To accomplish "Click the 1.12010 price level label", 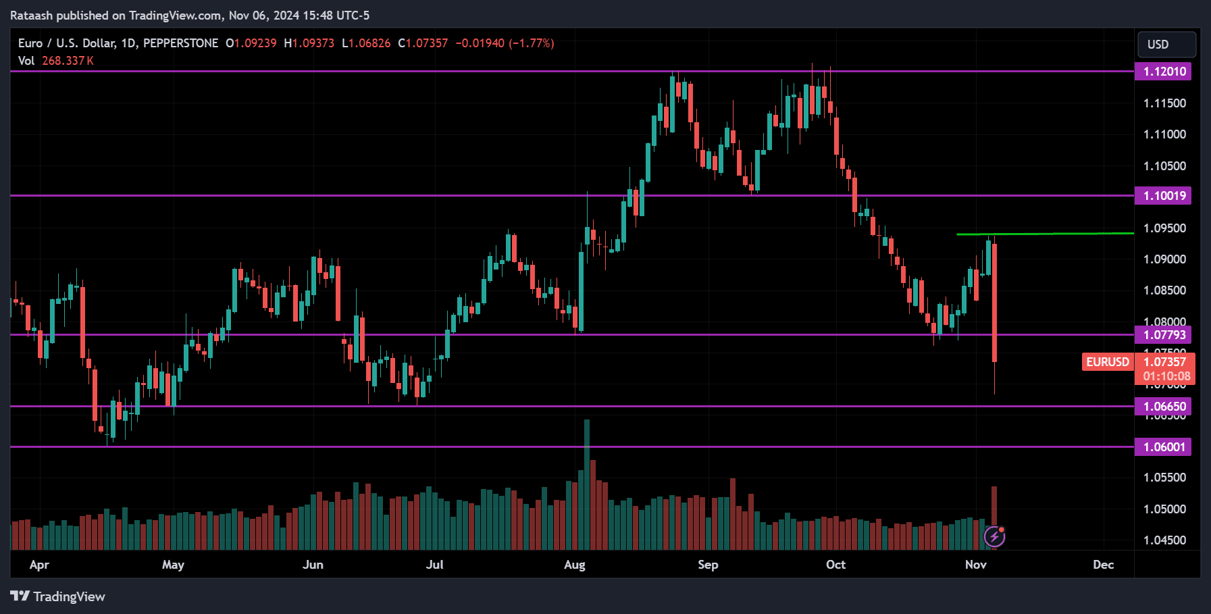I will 1163,72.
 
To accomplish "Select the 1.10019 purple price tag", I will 1163,196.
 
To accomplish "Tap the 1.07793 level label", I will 1163,335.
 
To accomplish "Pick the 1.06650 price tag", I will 1163,407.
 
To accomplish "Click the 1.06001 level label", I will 1163,447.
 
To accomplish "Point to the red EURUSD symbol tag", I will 1107,362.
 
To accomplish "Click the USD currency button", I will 1166,45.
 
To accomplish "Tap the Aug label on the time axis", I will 575,565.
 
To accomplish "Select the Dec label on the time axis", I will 1103,565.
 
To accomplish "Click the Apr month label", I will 39,565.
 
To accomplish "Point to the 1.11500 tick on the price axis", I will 1164,103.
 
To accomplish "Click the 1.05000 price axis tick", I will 1164,509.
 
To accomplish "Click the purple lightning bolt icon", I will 994,537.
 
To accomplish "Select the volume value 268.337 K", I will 68,61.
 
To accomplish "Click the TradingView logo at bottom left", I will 58,596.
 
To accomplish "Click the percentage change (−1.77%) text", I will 531,43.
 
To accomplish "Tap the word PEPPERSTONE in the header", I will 180,43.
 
